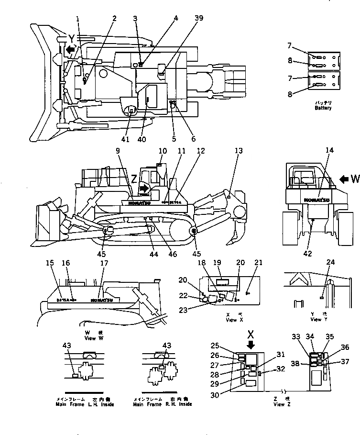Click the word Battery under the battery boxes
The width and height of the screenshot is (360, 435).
click(323, 108)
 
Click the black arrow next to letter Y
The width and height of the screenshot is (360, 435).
click(70, 49)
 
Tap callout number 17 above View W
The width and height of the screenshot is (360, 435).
click(104, 263)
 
